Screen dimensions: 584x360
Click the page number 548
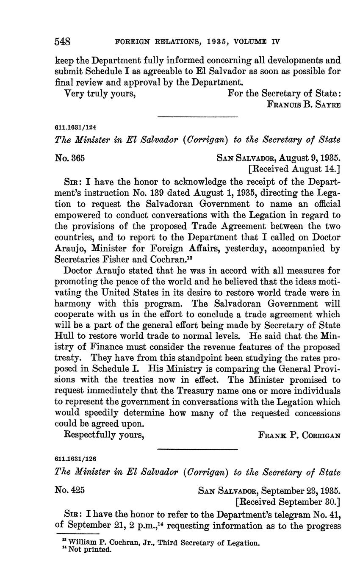pyautogui.click(x=62, y=42)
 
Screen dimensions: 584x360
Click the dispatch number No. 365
pyautogui.click(x=70, y=158)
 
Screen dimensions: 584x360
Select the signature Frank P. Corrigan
pyautogui.click(x=299, y=435)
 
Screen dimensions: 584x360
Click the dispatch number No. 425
pyautogui.click(x=70, y=490)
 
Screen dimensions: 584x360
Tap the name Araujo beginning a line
pyautogui.click(x=70, y=249)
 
